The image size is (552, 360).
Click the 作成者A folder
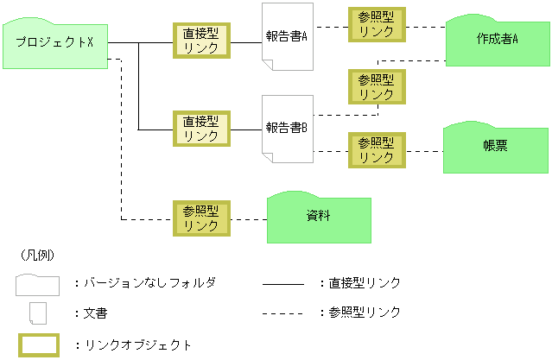[496, 41]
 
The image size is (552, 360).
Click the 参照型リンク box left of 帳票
[376, 149]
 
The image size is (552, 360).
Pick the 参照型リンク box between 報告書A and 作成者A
[376, 24]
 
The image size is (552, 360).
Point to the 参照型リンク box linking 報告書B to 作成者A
[376, 86]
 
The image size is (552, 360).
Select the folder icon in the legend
[37, 284]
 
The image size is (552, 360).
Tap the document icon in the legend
[37, 313]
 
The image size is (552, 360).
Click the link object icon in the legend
[37, 344]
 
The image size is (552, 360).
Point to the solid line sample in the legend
[282, 283]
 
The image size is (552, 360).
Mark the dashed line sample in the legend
[282, 312]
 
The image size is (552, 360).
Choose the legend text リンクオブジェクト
[138, 344]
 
